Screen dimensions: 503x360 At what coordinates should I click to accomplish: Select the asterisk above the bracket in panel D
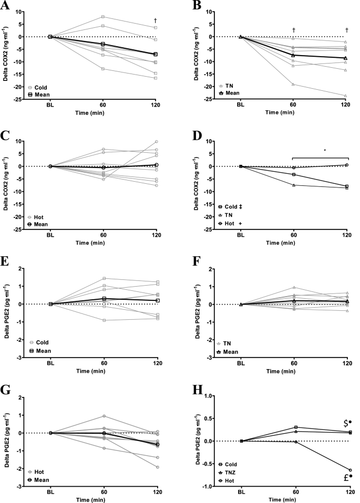(295, 151)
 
